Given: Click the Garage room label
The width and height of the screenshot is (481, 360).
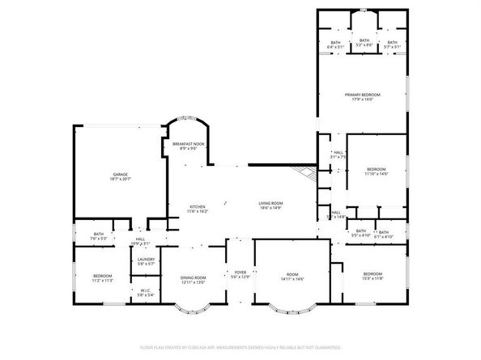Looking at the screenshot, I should click(x=121, y=174).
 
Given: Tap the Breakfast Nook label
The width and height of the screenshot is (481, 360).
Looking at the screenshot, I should click(x=188, y=144).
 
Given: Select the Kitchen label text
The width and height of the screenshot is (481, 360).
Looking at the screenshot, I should click(x=198, y=206).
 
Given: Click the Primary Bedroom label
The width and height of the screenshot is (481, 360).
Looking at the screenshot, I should click(x=362, y=95).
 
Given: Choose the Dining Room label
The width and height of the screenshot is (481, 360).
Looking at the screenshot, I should click(x=194, y=277).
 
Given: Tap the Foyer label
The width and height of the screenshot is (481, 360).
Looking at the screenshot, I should click(x=240, y=272).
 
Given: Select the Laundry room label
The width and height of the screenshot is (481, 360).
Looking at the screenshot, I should click(x=146, y=259).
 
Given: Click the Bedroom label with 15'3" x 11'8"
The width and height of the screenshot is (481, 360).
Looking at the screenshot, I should click(x=372, y=273).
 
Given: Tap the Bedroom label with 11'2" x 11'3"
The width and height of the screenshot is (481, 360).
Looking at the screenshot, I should click(x=102, y=276).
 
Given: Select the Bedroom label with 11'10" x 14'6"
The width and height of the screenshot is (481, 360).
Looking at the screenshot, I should click(x=377, y=169).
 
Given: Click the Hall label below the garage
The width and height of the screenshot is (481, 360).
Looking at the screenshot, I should click(x=140, y=239).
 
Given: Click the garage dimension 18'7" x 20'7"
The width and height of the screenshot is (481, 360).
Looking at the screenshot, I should click(x=121, y=179).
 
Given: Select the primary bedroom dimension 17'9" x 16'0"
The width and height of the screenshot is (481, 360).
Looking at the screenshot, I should click(x=362, y=100).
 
